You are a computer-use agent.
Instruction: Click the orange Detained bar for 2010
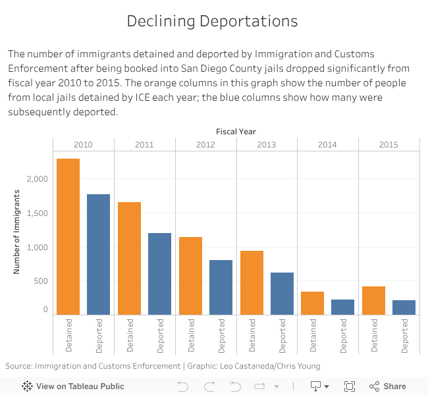pos(68,237)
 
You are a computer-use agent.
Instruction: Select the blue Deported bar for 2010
pos(99,255)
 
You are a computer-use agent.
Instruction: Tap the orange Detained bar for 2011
pos(130,259)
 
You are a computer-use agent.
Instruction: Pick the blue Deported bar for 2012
pos(221,288)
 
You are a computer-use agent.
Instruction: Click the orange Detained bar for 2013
pos(252,283)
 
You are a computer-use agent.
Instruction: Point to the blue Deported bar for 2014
pos(343,307)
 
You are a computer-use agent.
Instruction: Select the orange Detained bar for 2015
pos(373,301)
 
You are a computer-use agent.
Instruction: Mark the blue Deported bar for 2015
pos(404,307)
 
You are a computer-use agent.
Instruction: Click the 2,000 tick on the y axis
pos(38,179)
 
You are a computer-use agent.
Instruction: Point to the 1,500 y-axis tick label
pos(38,213)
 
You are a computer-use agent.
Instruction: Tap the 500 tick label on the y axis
pos(41,281)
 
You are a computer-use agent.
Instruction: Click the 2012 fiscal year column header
pos(205,145)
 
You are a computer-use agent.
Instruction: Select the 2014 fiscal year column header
pos(328,145)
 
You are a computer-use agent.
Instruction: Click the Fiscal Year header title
pos(236,132)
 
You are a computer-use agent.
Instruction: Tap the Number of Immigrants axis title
pos(17,232)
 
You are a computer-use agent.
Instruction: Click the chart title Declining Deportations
pos(212,21)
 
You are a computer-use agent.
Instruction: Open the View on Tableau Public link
pos(73,386)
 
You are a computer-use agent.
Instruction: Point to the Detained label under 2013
pos(252,335)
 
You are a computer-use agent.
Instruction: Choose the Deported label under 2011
pos(160,335)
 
